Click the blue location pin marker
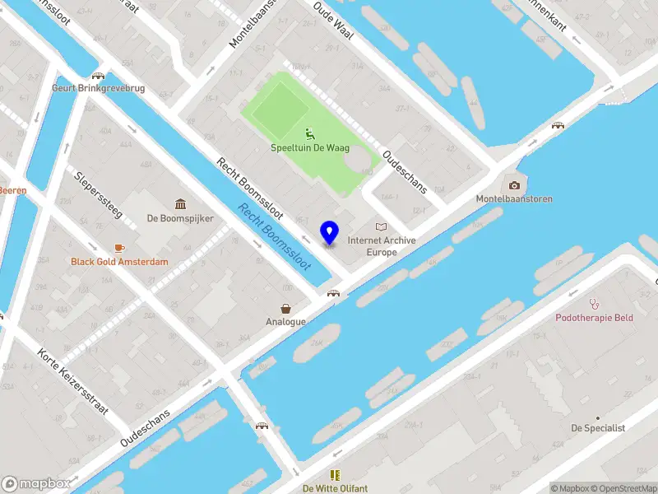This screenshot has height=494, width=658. [330, 232]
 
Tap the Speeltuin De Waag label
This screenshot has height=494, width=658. [310, 148]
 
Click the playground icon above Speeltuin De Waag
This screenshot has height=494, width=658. [310, 133]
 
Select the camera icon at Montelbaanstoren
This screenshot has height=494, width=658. [515, 185]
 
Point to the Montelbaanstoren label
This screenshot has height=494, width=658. [514, 199]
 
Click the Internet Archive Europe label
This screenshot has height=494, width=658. [382, 246]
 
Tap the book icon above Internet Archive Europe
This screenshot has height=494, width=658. [381, 226]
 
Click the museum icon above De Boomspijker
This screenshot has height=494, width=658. [180, 204]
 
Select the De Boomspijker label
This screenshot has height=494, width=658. [180, 219]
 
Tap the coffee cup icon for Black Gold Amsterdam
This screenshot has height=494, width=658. [120, 248]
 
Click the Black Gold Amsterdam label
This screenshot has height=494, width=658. [120, 262]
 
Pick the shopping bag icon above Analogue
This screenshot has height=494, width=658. [285, 308]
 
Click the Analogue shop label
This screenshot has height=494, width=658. [285, 322]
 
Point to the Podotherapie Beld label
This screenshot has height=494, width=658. [595, 318]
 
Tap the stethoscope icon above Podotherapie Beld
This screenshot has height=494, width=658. [595, 303]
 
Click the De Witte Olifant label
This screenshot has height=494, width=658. [335, 488]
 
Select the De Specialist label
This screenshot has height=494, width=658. [599, 428]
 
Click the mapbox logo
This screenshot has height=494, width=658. [36, 484]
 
